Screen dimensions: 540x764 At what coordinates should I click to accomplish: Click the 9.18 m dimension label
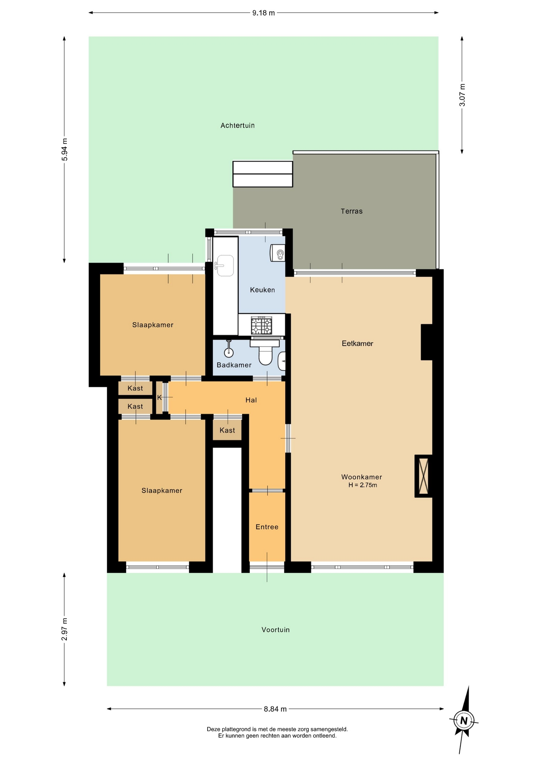263,13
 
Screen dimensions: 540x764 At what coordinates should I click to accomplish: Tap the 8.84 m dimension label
275,709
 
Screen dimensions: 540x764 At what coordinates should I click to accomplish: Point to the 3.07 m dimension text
462,95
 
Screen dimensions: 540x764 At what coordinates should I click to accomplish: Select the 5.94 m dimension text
64,150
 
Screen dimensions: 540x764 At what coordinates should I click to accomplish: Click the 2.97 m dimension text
64,630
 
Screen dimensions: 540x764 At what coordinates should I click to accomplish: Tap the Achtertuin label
237,125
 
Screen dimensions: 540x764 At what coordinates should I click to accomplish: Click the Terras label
352,211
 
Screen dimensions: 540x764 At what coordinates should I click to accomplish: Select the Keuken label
262,290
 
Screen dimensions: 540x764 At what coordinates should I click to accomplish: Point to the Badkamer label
234,365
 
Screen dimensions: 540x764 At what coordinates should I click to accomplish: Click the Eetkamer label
357,343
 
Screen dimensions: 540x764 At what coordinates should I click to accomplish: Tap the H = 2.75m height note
363,485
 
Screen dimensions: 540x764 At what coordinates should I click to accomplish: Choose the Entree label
267,527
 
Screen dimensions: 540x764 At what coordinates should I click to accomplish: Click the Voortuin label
276,630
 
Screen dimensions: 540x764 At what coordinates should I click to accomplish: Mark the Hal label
251,400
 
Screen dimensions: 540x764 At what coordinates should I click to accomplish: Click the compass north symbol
464,720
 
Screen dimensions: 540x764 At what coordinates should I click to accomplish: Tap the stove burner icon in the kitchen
262,325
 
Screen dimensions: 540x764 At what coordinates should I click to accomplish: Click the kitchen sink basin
225,265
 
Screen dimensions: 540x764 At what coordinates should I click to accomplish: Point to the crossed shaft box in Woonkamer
423,476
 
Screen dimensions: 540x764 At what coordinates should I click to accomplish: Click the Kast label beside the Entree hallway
227,430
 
